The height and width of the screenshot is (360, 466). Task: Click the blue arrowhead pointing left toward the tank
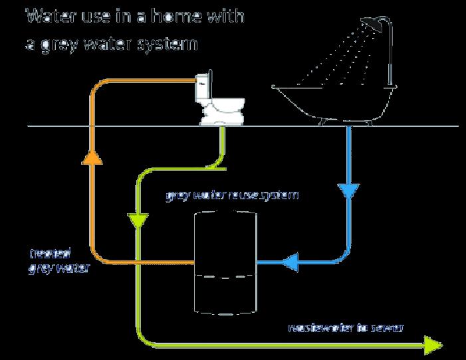click(290, 264)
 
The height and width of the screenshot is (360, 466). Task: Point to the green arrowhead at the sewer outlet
click(433, 344)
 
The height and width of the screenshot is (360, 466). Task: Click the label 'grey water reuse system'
click(232, 196)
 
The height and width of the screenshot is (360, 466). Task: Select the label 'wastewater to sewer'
click(345, 327)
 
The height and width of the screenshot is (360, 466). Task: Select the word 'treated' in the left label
click(50, 253)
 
